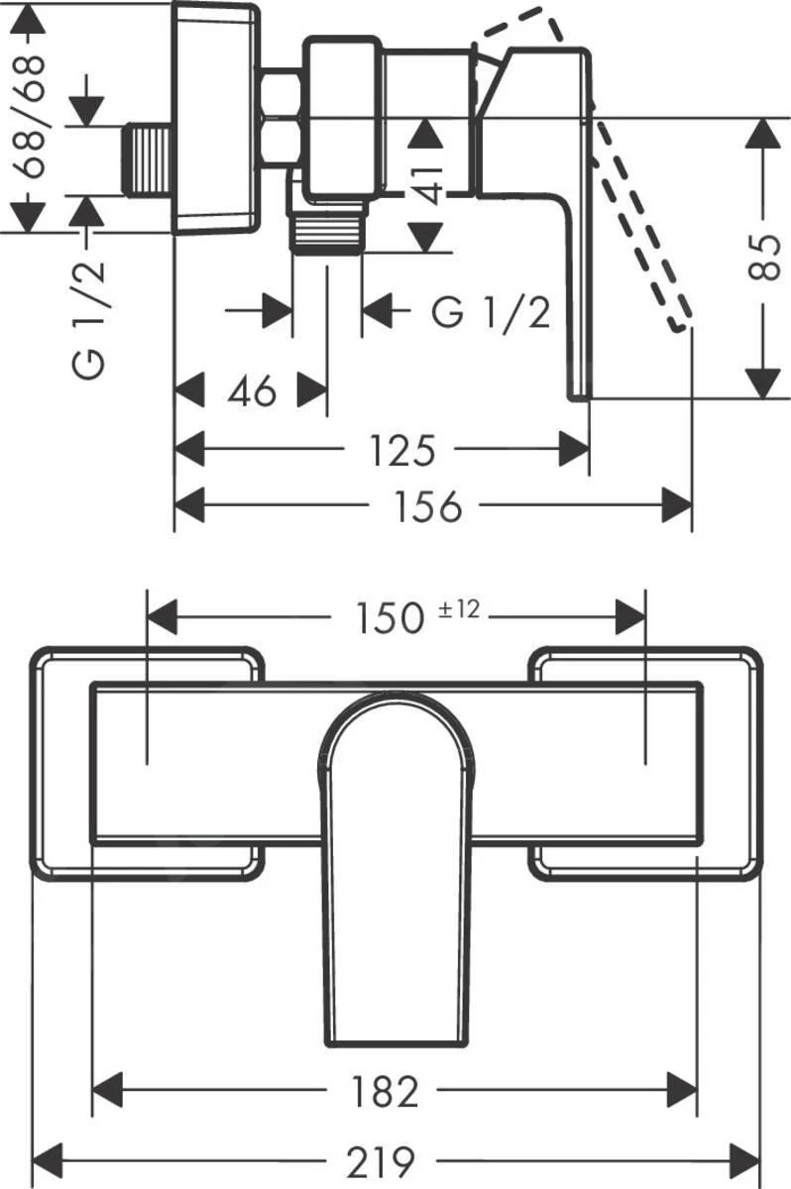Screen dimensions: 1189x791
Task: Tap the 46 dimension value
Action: pyautogui.click(x=252, y=392)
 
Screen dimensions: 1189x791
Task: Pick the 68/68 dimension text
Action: pyautogui.click(x=32, y=115)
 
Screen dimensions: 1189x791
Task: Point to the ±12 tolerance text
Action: pyautogui.click(x=459, y=609)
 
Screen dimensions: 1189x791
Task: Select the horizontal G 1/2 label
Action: pyautogui.click(x=490, y=313)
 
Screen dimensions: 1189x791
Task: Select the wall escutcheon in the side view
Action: pyautogui.click(x=216, y=117)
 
